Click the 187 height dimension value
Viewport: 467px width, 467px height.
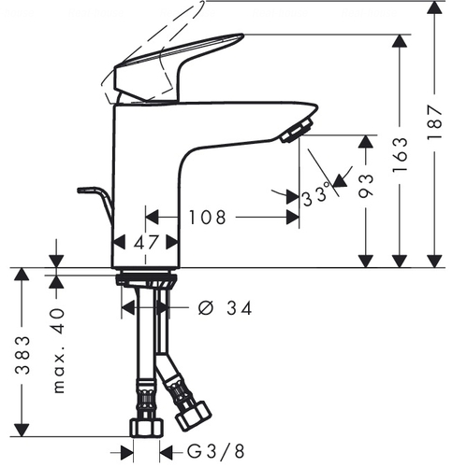click(434, 122)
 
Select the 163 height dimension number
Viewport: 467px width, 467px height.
click(400, 154)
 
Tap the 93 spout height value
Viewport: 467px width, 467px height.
click(365, 186)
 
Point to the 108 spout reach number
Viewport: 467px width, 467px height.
click(207, 217)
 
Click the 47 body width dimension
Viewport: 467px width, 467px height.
click(147, 242)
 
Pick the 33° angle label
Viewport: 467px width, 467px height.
click(316, 195)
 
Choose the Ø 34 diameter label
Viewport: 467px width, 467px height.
click(225, 308)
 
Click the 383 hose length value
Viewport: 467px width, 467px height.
click(22, 355)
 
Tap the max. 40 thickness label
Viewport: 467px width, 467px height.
click(58, 350)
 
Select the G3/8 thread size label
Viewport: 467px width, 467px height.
click(216, 451)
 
